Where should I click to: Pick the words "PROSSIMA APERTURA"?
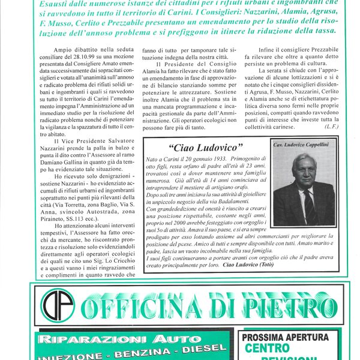click(x=286, y=337)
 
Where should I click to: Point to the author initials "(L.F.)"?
click(x=332, y=127)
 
